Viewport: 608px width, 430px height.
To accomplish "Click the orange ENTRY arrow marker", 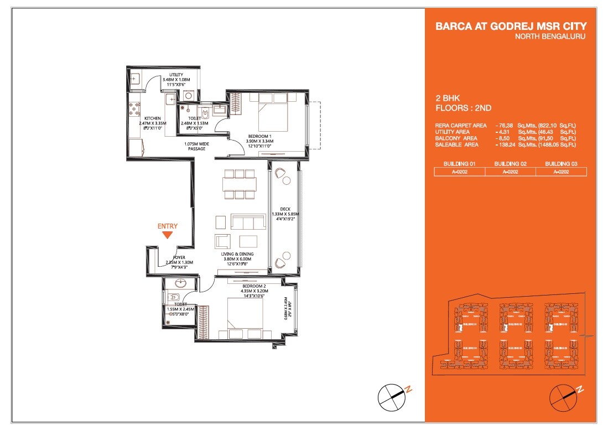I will [167, 235].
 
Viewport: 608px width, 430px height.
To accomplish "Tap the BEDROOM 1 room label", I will [259, 136].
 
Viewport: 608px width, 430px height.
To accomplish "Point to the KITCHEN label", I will [153, 118].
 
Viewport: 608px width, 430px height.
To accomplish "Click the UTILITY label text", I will [176, 75].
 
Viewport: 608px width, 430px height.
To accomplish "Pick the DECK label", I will [285, 209].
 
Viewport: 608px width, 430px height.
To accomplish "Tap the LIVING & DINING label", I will [236, 253].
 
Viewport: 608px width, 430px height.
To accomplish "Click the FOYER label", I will [179, 257].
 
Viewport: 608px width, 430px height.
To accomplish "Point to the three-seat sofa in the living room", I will [248, 222].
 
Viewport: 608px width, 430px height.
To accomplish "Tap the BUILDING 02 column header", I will [511, 164].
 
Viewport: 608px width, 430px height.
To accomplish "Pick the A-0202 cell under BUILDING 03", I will [561, 172].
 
